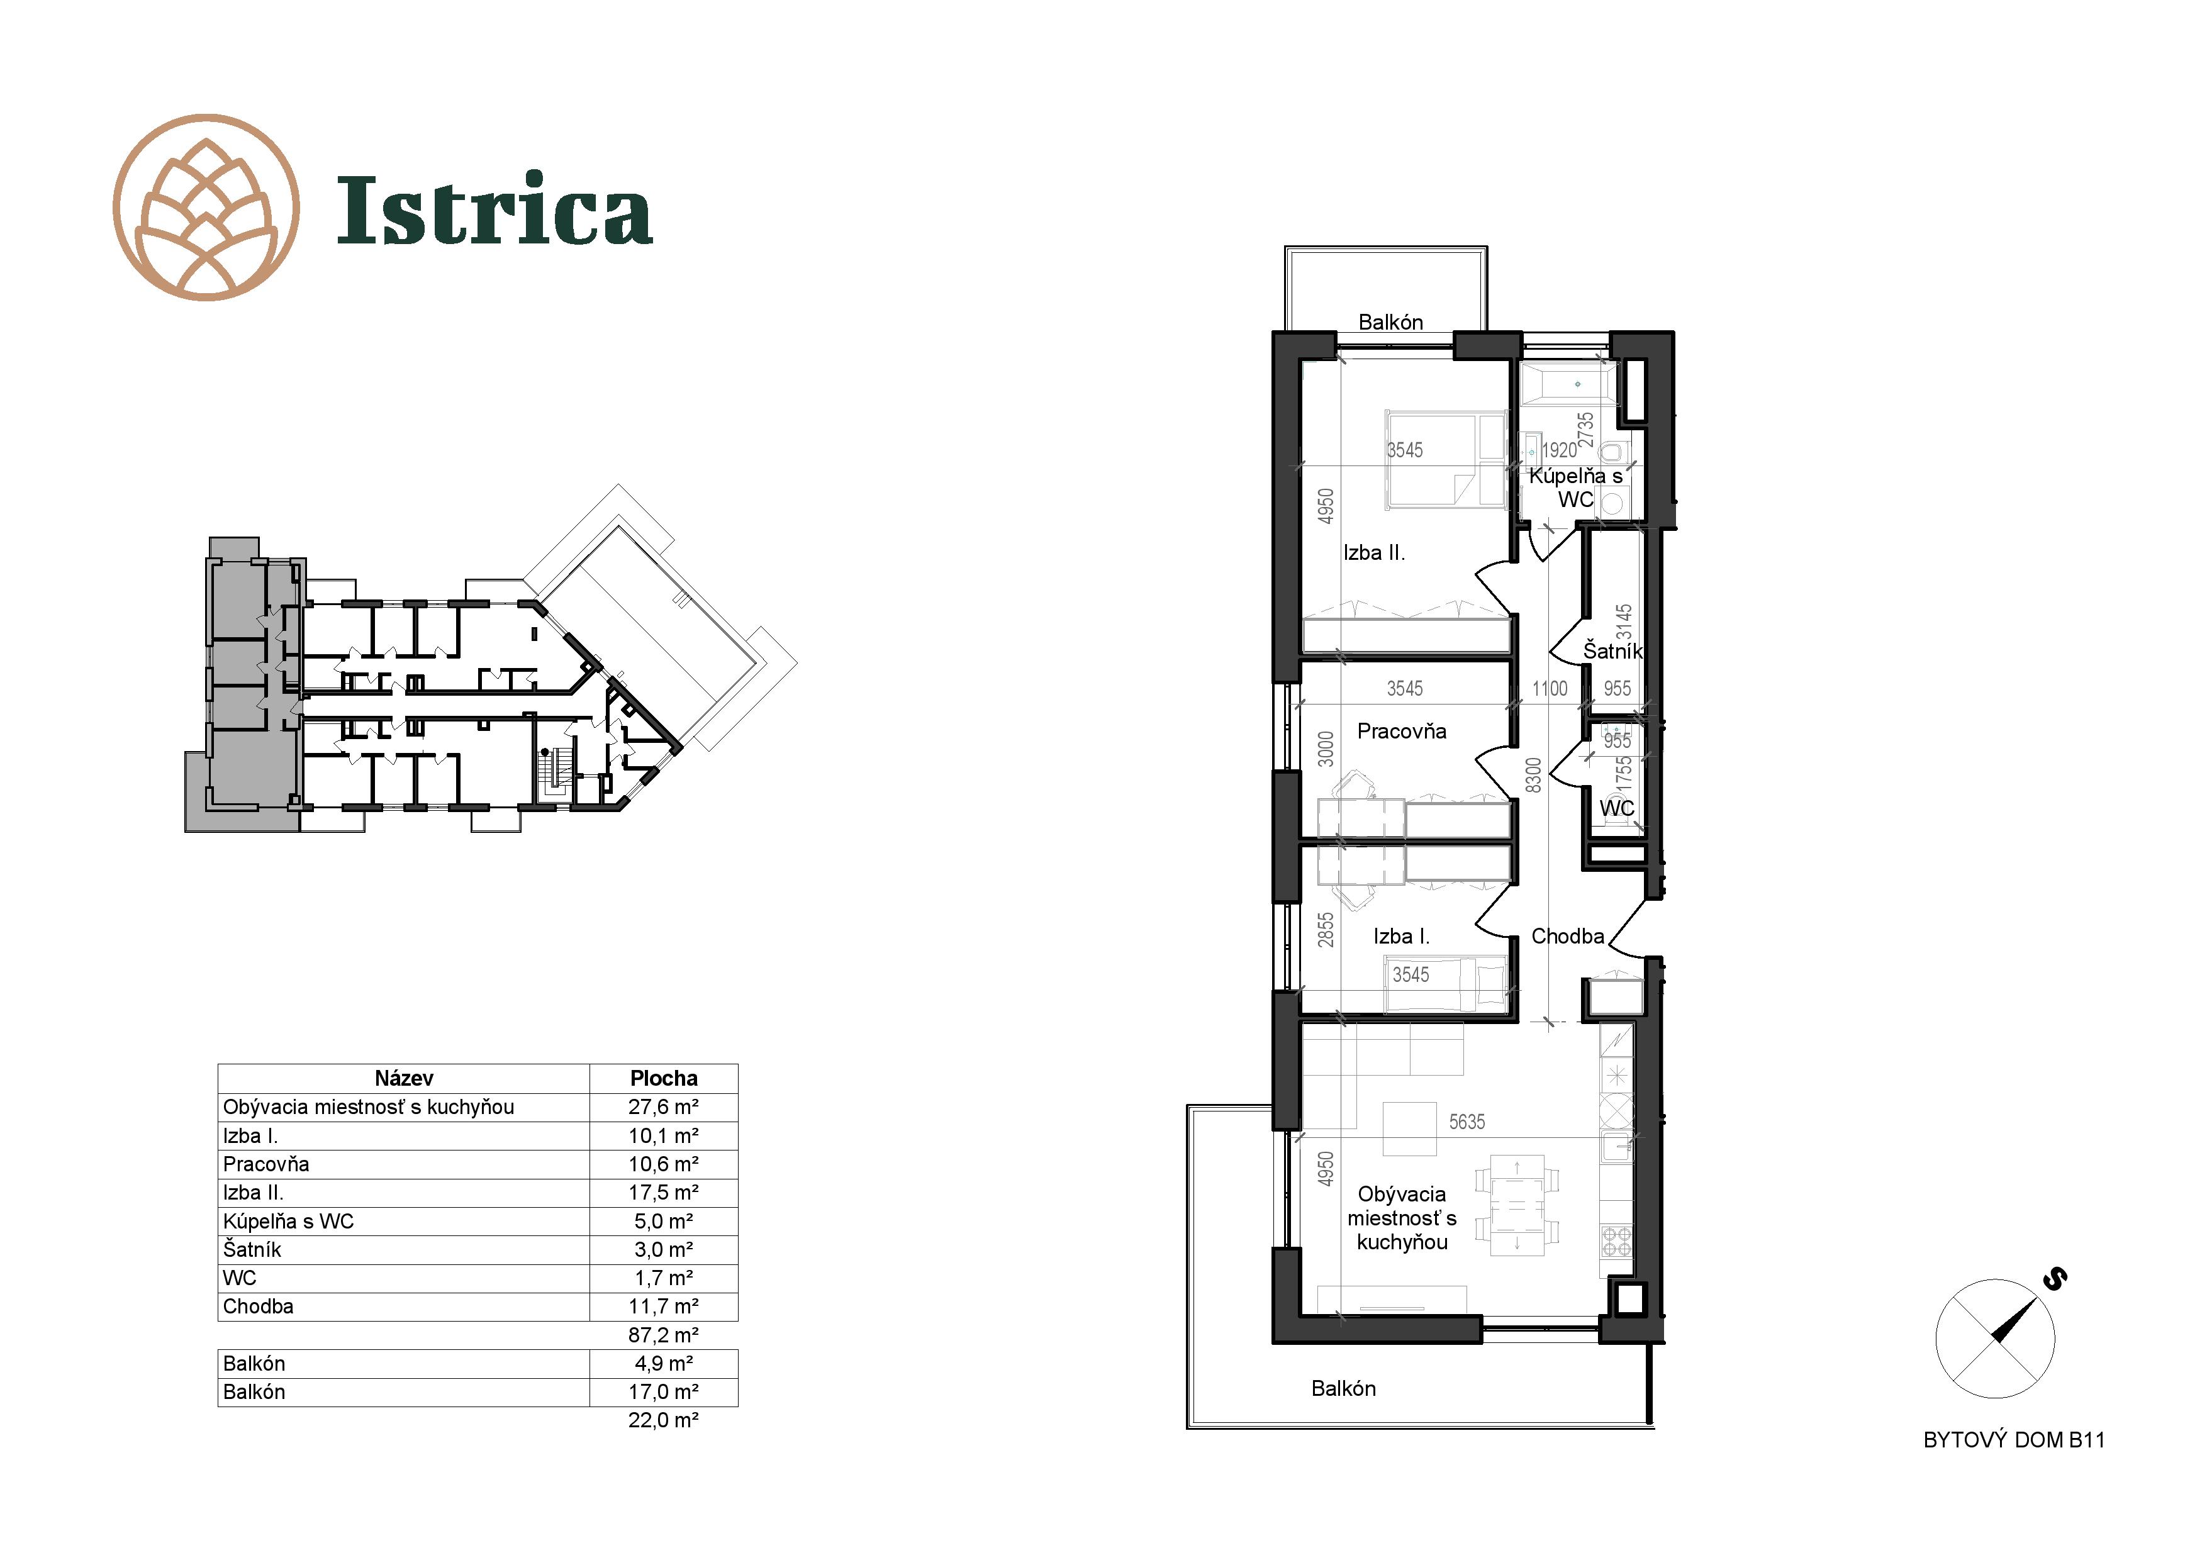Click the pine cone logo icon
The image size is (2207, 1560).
coord(206,208)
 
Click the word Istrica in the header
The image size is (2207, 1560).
coord(495,209)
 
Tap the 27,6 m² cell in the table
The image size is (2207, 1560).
coord(663,1107)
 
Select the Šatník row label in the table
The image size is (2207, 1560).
coord(253,1249)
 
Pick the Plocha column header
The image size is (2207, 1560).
coord(663,1078)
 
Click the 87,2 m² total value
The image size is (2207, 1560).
coord(663,1335)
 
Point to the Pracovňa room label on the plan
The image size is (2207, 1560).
coord(1402,732)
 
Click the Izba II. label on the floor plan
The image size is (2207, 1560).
coord(1373,553)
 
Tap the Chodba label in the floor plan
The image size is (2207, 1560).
coord(1567,936)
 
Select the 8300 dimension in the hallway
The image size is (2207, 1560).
coord(1534,775)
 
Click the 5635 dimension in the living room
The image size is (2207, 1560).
coord(1467,1122)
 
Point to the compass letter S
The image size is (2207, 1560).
coord(2055,1278)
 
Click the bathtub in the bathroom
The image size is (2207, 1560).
coord(1565,384)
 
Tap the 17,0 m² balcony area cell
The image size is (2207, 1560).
coord(663,1392)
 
